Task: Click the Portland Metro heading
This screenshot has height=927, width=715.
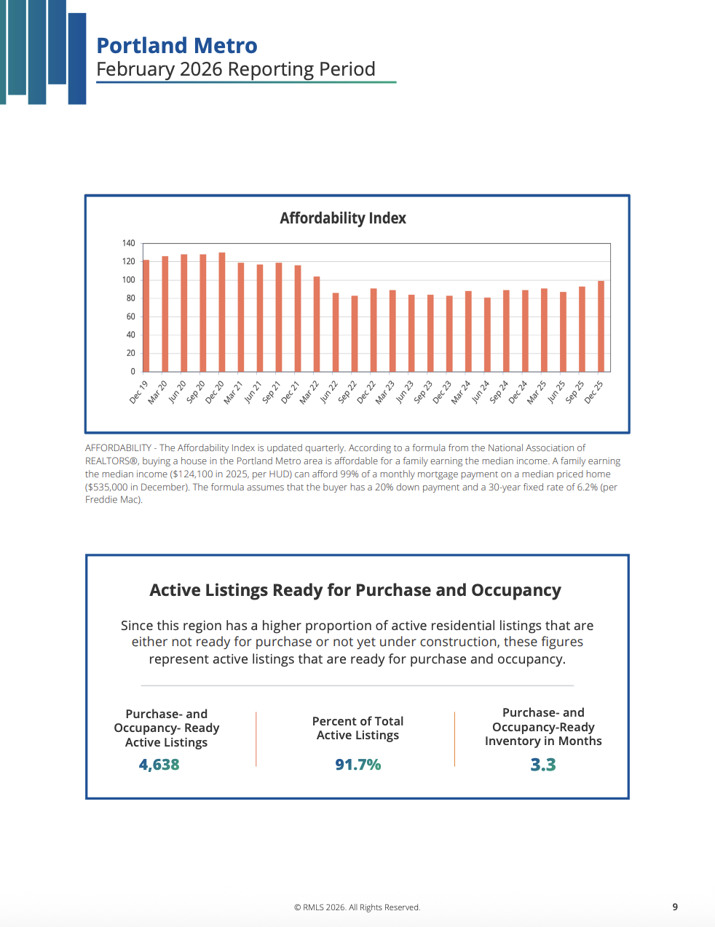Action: point(177,46)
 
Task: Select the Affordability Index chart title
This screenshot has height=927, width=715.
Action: point(343,218)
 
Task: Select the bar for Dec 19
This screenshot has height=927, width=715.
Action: point(146,316)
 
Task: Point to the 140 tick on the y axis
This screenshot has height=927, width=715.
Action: point(129,243)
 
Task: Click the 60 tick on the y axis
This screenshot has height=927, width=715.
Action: point(131,317)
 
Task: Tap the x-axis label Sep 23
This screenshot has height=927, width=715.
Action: point(423,392)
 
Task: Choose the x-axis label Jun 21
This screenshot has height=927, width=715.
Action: point(253,392)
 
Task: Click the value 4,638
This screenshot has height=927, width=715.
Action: point(159,765)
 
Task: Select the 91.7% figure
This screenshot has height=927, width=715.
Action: point(357,765)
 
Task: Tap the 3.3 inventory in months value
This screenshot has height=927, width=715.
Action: point(543,765)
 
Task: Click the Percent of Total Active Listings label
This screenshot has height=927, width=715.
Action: point(357,728)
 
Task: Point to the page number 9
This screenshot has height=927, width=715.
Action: point(675,907)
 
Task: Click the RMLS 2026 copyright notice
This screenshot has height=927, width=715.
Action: point(357,907)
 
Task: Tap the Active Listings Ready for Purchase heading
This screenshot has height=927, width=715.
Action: point(355,590)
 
